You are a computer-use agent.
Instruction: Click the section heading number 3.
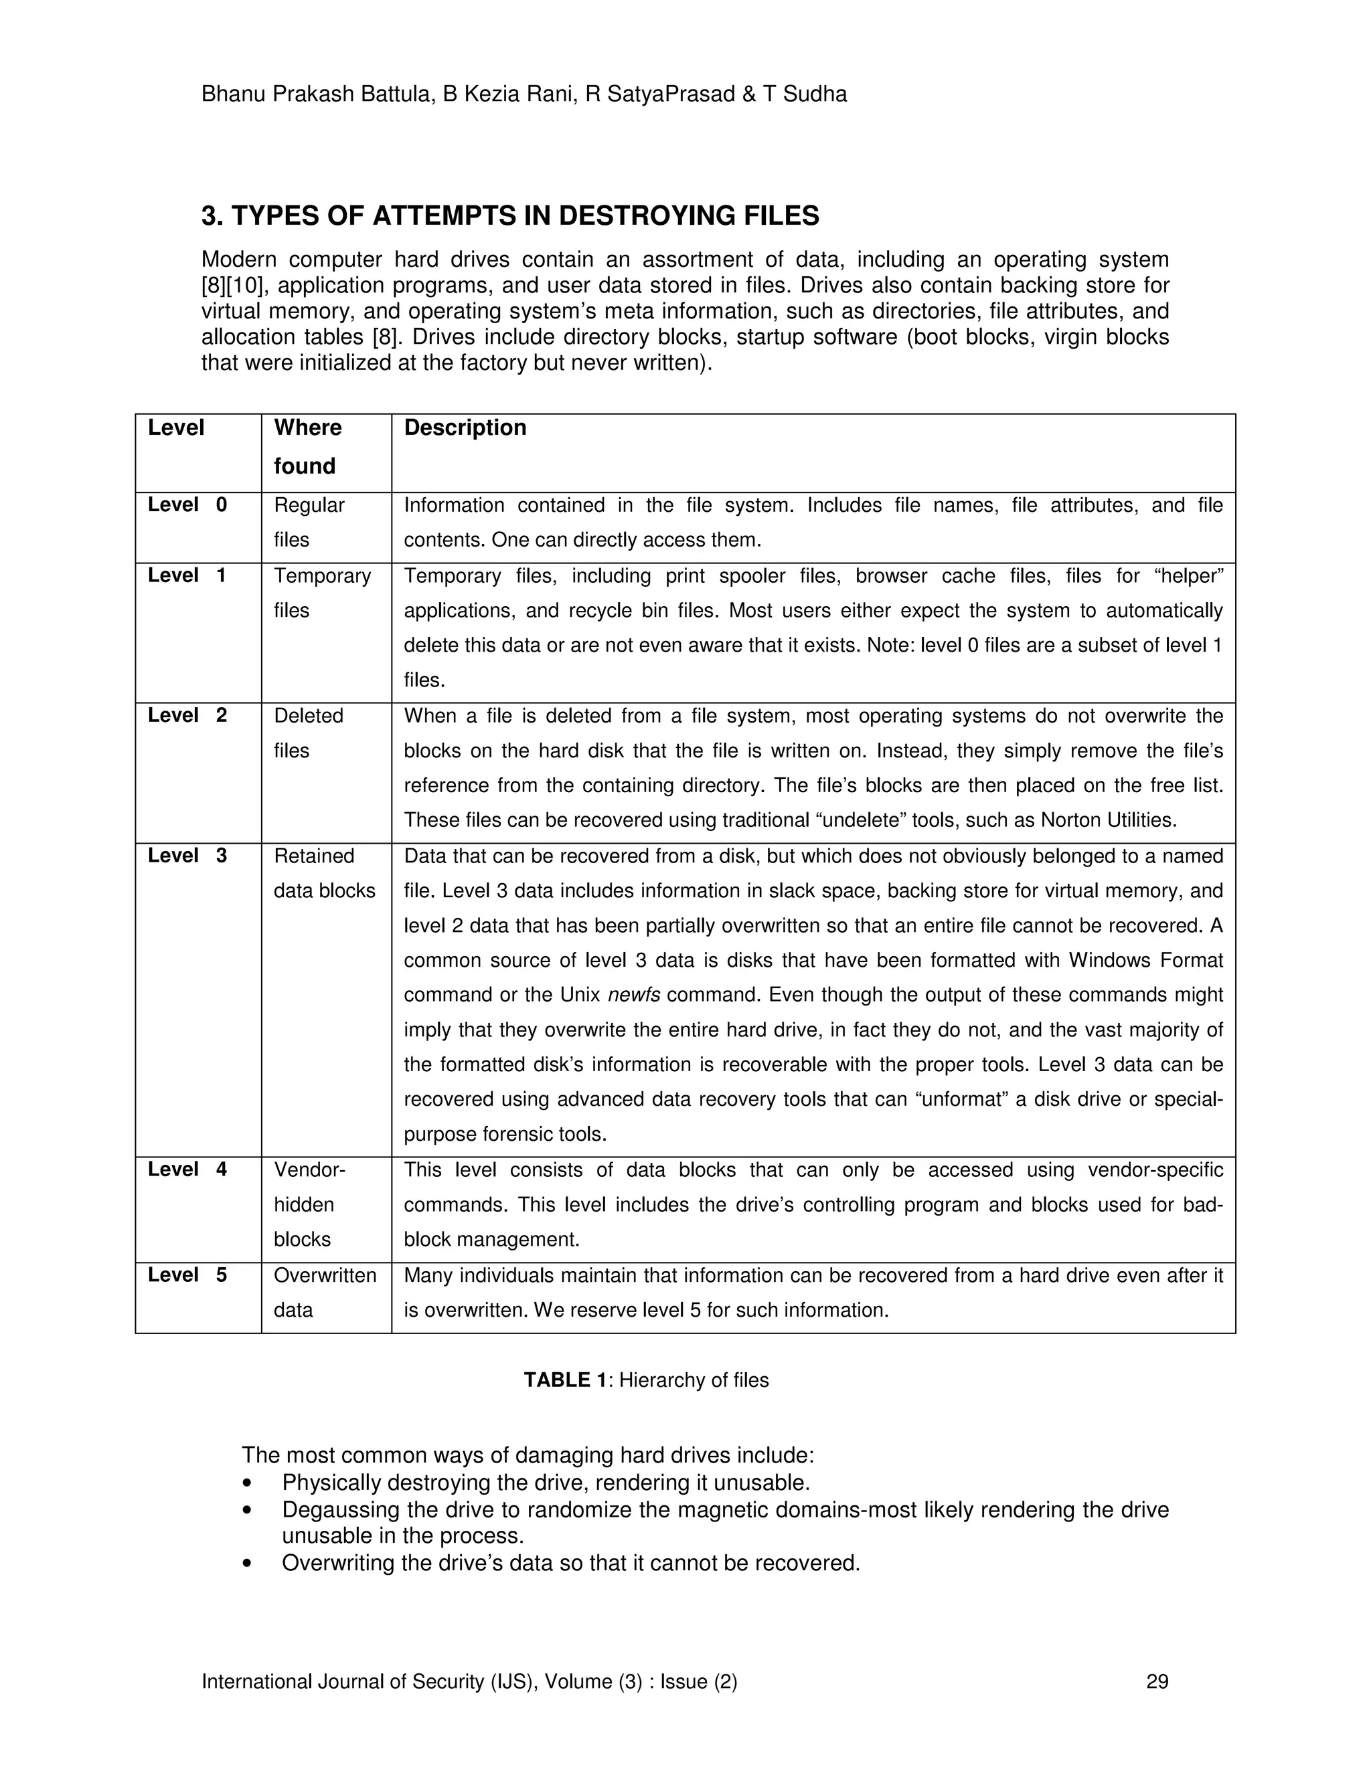[x=210, y=216]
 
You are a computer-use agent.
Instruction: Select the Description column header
[x=465, y=428]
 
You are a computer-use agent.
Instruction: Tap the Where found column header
[x=308, y=446]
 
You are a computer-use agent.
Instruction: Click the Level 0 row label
[x=187, y=505]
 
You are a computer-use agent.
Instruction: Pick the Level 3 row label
[x=187, y=856]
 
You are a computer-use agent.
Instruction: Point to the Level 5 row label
[x=187, y=1275]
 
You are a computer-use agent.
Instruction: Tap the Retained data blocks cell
[x=324, y=874]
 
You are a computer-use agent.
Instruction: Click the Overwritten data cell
[x=324, y=1293]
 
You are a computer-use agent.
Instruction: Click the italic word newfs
[x=633, y=996]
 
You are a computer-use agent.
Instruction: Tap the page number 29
[x=1157, y=1681]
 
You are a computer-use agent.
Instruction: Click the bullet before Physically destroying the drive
[x=247, y=1484]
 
